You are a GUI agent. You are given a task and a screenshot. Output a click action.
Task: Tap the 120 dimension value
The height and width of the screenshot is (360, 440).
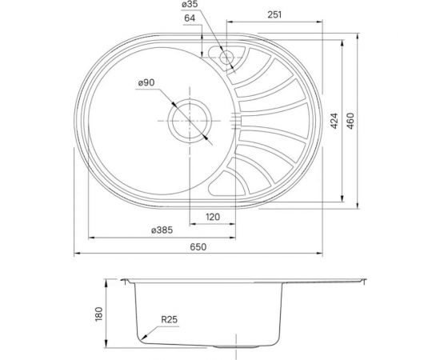[x=212, y=217]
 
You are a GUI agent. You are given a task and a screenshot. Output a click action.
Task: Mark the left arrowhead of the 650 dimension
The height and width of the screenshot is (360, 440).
[x=78, y=254]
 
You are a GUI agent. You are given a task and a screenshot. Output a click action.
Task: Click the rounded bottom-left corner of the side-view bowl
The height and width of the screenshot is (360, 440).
[x=142, y=337]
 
